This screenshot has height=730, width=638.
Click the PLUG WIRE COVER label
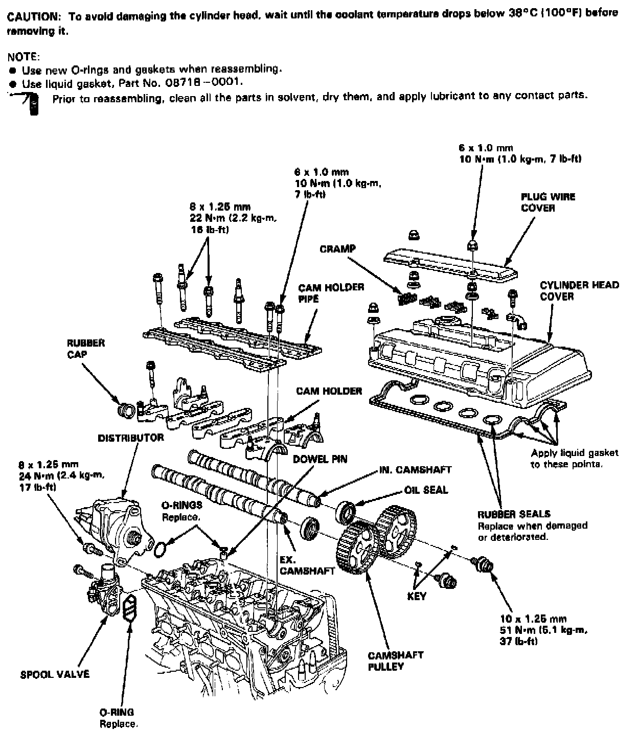[548, 202]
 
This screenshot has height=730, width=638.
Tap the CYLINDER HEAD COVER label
[579, 291]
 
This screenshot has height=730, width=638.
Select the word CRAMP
[337, 249]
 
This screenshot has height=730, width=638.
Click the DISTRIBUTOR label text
[131, 438]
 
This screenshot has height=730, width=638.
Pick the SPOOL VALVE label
[55, 674]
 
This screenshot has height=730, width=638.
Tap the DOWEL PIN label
[320, 459]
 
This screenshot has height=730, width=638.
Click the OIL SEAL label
[426, 490]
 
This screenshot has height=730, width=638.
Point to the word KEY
[417, 596]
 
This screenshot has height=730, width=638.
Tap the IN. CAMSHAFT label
[415, 469]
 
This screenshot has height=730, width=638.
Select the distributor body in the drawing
[119, 527]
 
